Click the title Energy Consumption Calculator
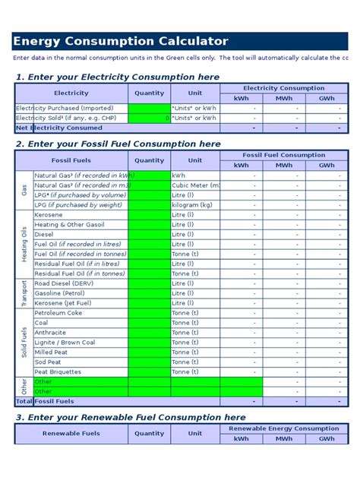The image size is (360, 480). (x=120, y=41)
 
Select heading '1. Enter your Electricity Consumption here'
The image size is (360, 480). (x=118, y=77)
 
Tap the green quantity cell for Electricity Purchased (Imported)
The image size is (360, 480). (x=149, y=109)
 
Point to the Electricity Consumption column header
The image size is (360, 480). (x=284, y=88)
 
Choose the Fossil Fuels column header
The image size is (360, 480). (x=71, y=160)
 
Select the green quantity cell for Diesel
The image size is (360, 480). (x=149, y=235)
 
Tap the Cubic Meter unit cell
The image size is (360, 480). (x=196, y=185)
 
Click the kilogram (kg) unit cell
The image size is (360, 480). (x=194, y=205)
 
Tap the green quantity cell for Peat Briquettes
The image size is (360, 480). (x=149, y=372)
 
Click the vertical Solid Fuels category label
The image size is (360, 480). (x=24, y=343)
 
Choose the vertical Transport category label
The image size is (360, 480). (x=24, y=293)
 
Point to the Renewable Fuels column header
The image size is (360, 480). (x=71, y=433)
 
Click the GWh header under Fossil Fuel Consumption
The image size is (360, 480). (x=327, y=165)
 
